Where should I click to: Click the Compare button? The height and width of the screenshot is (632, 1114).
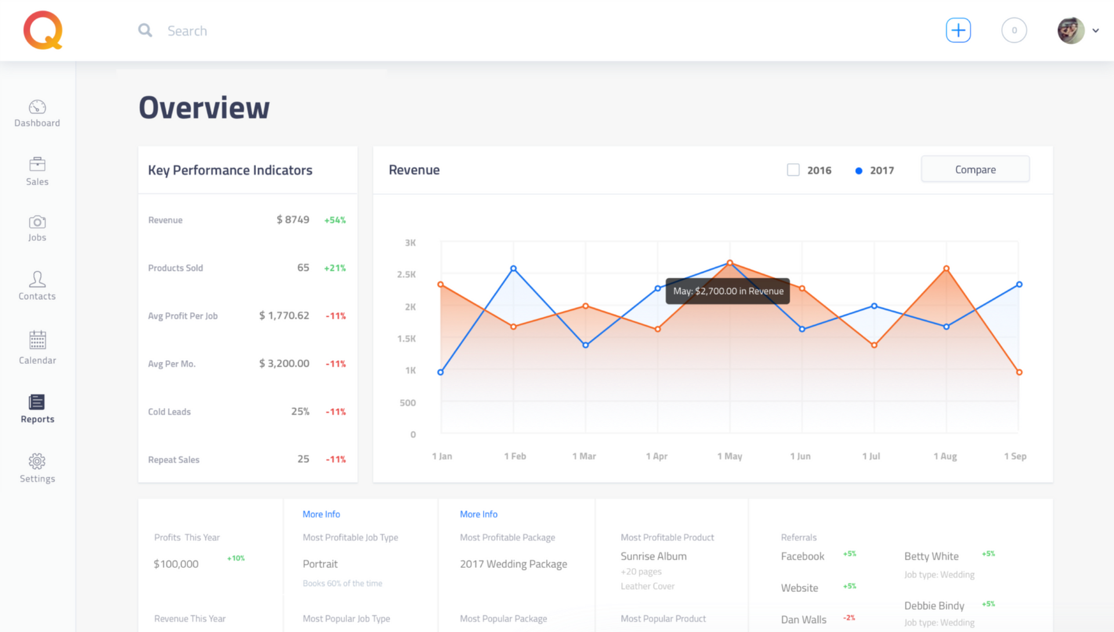(975, 169)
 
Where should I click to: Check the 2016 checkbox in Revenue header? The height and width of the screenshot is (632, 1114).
(793, 170)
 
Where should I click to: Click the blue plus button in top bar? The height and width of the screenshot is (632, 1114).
(958, 30)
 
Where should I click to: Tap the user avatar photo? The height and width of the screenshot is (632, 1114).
(1070, 31)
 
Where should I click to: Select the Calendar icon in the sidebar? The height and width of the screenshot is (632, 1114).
(38, 340)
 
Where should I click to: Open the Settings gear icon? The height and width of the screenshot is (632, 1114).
(37, 461)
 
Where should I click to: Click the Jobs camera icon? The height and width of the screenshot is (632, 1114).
(37, 222)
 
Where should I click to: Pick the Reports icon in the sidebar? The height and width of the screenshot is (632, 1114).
(37, 402)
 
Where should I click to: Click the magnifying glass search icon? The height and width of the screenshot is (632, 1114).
(145, 30)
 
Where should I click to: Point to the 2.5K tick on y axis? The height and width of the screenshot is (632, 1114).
(406, 274)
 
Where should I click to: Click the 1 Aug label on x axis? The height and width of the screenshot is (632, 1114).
(945, 456)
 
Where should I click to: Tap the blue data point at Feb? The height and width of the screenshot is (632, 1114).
(513, 268)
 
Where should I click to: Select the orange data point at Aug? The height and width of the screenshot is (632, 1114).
(946, 268)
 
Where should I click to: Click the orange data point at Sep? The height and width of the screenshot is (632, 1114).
(1019, 372)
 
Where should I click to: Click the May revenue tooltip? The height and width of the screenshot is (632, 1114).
(728, 291)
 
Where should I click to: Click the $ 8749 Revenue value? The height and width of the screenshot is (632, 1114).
(292, 220)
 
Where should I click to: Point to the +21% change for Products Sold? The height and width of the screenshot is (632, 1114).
(335, 268)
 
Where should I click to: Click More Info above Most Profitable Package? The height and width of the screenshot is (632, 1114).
(478, 514)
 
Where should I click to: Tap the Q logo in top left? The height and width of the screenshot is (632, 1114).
(43, 30)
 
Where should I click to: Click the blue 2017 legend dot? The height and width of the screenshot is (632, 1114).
(859, 170)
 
